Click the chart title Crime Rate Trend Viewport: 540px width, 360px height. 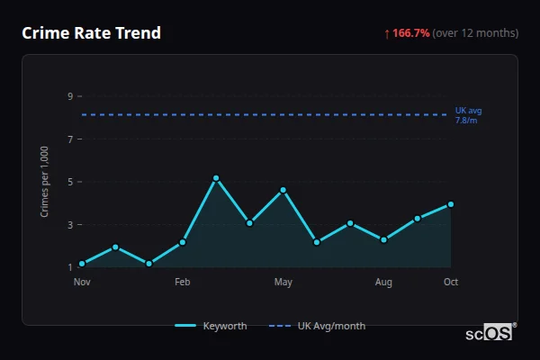tap(91, 33)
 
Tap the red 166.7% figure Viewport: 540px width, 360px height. tap(410, 33)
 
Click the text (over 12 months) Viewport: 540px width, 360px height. tap(475, 33)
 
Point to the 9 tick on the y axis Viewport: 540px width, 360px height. tap(69, 96)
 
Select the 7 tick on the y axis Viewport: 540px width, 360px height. tap(69, 139)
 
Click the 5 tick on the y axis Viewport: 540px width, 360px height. tap(69, 182)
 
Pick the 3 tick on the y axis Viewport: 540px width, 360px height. tap(69, 225)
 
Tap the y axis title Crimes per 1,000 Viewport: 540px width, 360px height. tap(45, 181)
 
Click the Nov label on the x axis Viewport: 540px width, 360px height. tap(82, 283)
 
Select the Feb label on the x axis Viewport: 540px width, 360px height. tap(183, 283)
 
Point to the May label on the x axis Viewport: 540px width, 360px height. tap(283, 283)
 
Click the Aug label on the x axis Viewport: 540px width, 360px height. tap(383, 283)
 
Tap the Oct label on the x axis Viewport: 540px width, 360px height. tap(451, 283)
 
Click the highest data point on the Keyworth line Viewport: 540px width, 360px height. tap(216, 178)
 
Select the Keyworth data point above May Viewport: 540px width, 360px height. tap(283, 190)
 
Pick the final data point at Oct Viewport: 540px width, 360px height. tap(451, 204)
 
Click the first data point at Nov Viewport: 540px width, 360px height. tap(82, 264)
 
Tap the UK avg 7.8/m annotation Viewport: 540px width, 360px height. tap(468, 115)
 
